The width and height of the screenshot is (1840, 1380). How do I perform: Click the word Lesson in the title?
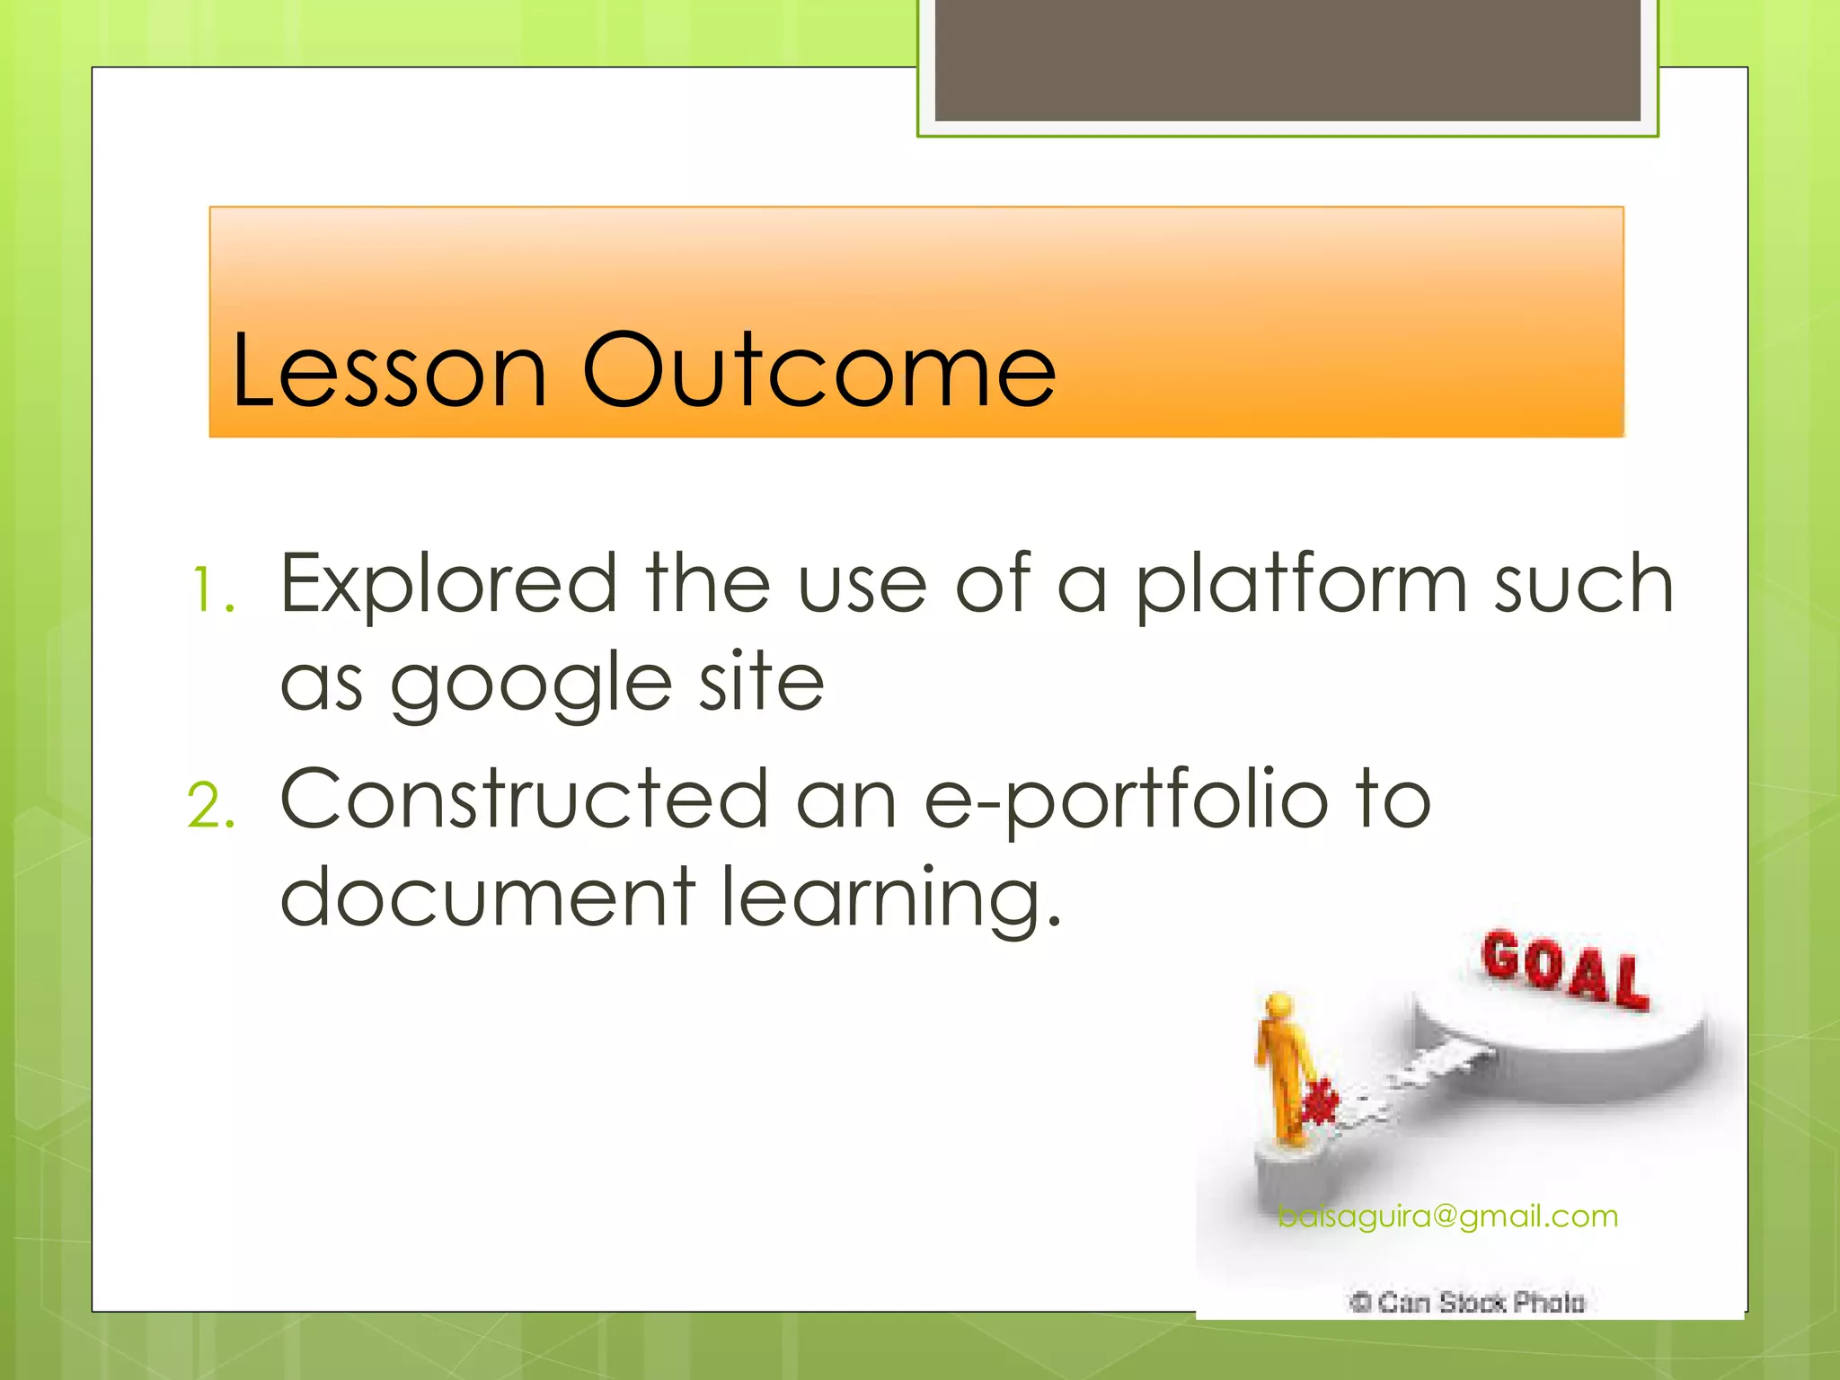click(388, 370)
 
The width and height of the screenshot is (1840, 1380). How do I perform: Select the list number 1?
click(212, 592)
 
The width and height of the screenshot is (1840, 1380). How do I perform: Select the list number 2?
click(212, 806)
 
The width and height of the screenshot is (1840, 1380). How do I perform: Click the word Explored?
click(448, 584)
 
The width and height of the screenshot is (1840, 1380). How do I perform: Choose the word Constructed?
click(525, 799)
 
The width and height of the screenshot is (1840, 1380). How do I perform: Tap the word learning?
click(891, 898)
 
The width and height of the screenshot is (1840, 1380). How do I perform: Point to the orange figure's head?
click(1279, 1005)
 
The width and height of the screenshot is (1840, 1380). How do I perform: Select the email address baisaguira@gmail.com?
click(1447, 1216)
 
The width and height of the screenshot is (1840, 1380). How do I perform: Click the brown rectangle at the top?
click(1287, 59)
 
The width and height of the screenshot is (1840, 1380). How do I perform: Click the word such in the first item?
click(1583, 584)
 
